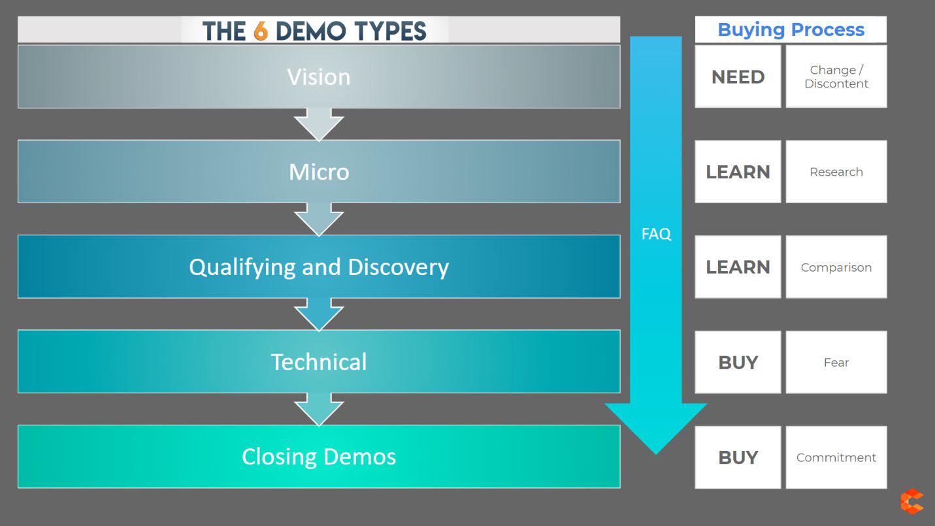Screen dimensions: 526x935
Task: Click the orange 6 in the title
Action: coord(261,31)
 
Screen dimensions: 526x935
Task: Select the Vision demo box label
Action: coord(319,77)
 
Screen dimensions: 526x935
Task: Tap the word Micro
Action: coord(319,172)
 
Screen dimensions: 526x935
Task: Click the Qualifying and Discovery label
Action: coord(319,267)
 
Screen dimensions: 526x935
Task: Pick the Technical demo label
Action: coord(319,362)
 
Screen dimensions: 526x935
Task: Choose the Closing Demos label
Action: coord(319,457)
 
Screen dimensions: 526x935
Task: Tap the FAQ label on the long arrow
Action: coord(656,234)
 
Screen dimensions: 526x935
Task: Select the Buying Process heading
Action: coord(791,30)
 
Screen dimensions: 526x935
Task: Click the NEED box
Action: coord(738,77)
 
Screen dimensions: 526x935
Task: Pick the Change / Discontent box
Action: coord(836,77)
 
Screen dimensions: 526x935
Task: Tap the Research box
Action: coord(836,172)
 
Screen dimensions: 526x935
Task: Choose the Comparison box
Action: coord(836,267)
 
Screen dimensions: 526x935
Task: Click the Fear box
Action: coord(836,362)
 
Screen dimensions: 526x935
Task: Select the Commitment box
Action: coord(836,457)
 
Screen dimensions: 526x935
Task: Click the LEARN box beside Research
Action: coord(738,172)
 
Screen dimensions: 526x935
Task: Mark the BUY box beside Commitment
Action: coord(738,457)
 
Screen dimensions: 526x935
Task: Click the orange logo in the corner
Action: coord(911,502)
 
